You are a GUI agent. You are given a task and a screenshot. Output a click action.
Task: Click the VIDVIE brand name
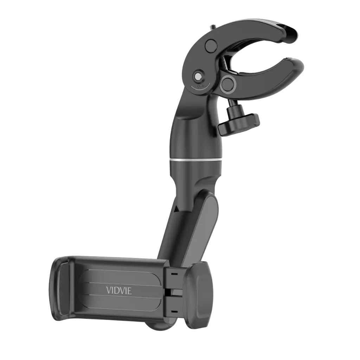(119, 291)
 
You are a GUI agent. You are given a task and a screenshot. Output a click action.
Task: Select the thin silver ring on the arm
(197, 160)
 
